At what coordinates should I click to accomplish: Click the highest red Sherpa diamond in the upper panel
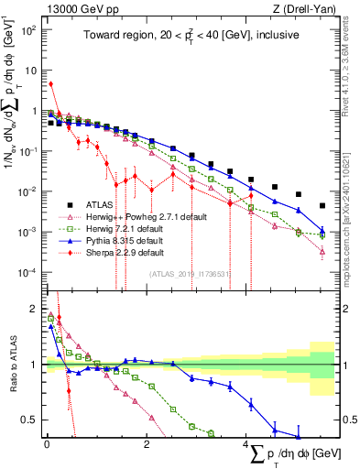(x=50, y=83)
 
